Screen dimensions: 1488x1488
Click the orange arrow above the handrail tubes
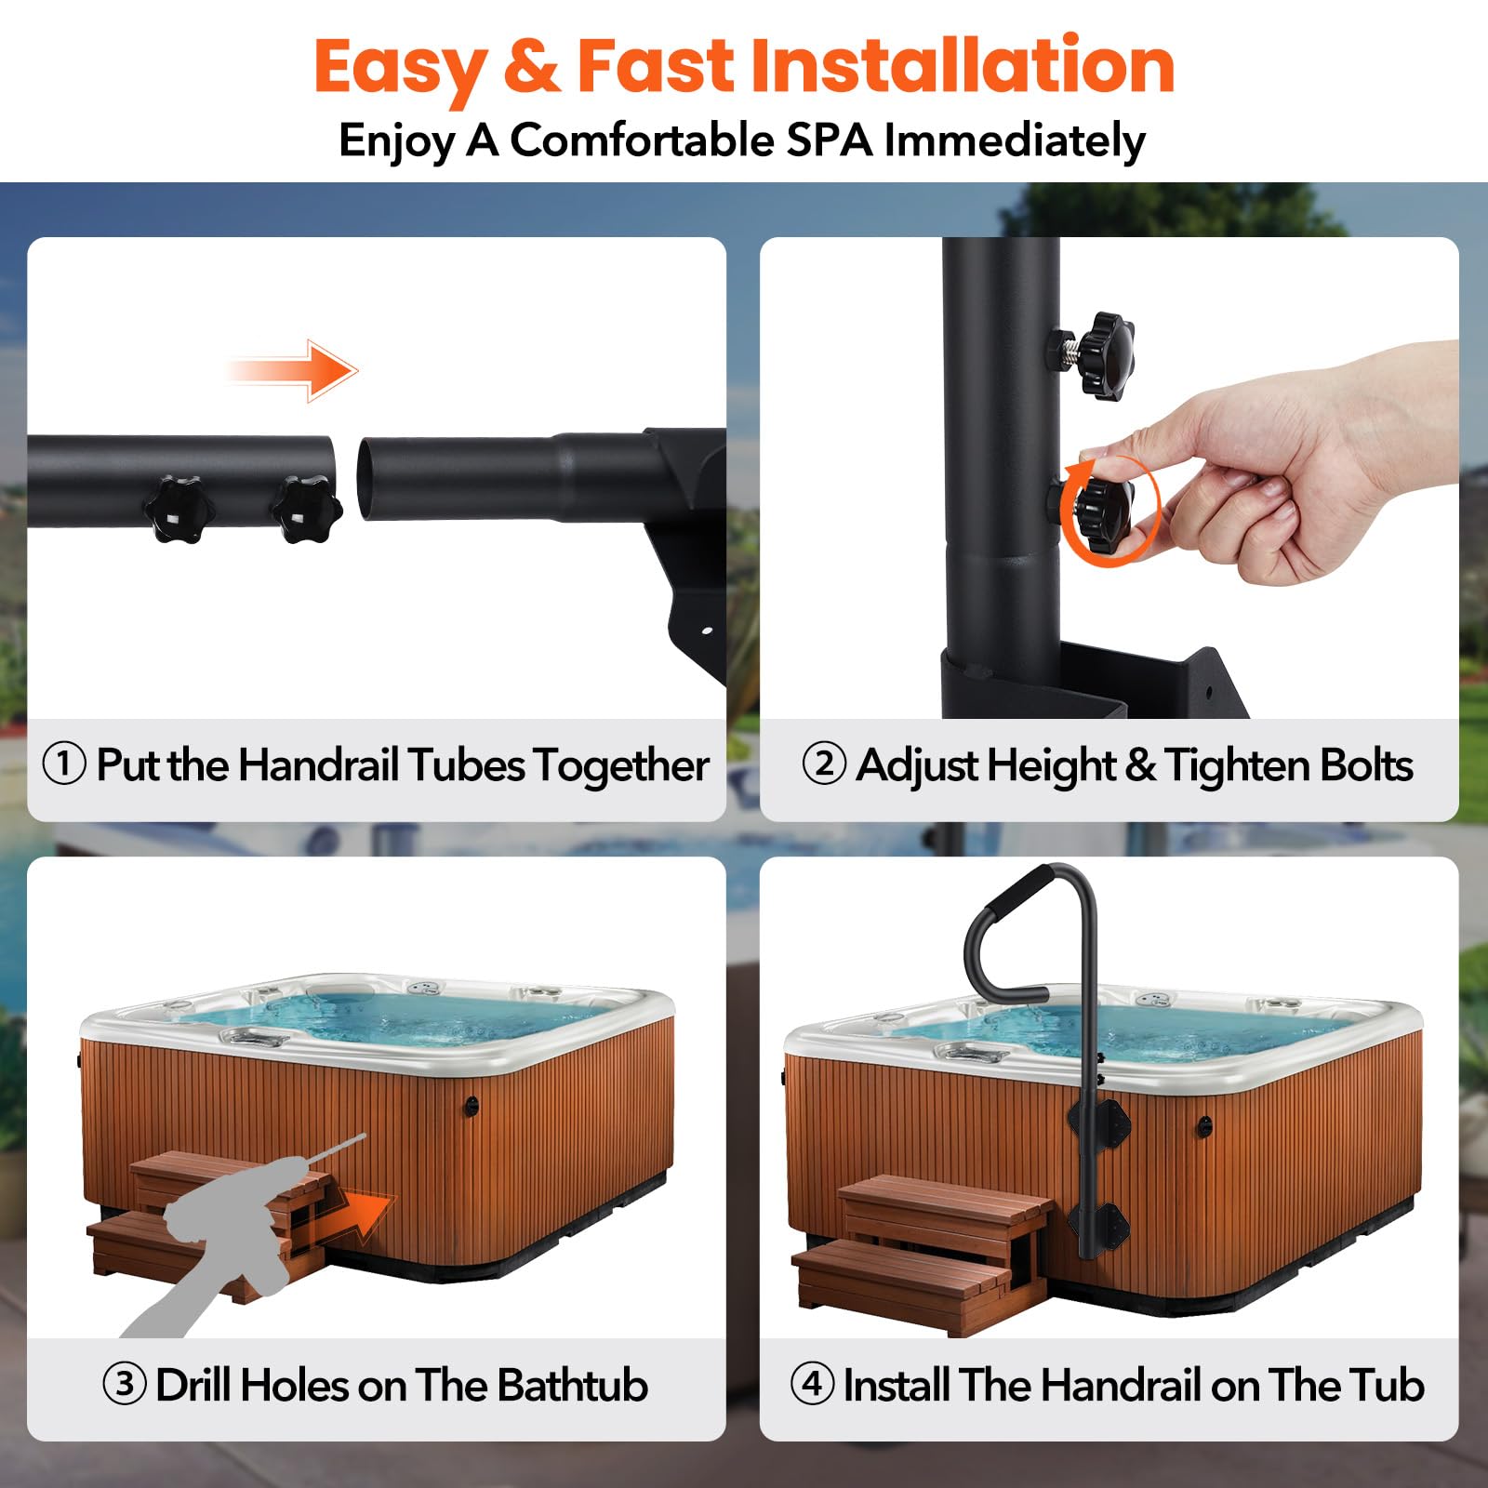(x=291, y=371)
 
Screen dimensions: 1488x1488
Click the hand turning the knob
(x=1302, y=465)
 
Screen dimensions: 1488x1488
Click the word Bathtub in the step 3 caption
(x=572, y=1385)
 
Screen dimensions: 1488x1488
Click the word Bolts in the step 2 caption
(x=1366, y=765)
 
